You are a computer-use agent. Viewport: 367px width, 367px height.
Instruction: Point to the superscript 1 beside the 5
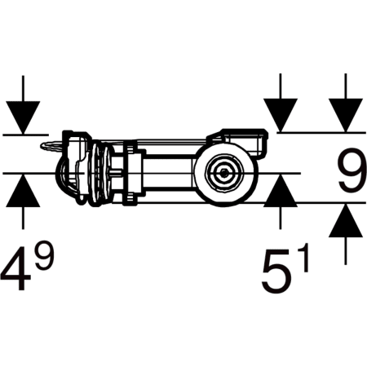pyautogui.click(x=303, y=257)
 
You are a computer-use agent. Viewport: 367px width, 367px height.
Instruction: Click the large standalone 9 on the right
pyautogui.click(x=352, y=170)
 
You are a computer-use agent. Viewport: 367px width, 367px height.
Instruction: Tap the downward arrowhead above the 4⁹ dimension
pyautogui.click(x=23, y=117)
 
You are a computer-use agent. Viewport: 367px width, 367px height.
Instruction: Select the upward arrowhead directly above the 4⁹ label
pyautogui.click(x=23, y=190)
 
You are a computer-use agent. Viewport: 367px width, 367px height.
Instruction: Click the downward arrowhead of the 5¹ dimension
pyautogui.click(x=281, y=115)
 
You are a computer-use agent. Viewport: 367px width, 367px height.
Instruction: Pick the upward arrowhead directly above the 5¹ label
pyautogui.click(x=281, y=190)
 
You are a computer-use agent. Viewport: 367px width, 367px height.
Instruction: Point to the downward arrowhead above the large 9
pyautogui.click(x=346, y=115)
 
